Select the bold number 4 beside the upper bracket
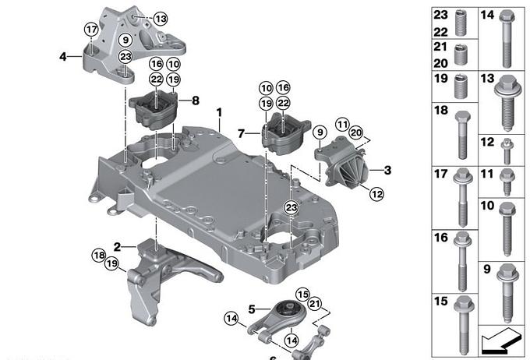62,55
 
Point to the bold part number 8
196,101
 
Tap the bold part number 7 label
242,132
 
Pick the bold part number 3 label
387,168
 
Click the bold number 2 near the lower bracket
117,246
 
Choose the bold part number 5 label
253,309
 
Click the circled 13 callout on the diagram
160,18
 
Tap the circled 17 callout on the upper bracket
90,30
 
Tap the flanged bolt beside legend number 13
504,105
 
